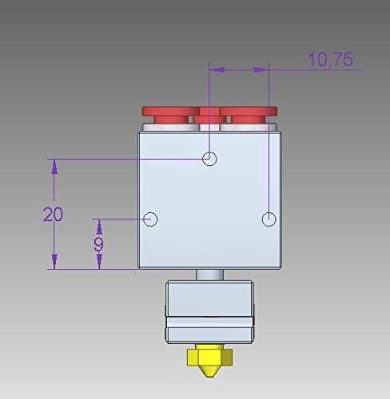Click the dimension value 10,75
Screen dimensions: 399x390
coord(330,60)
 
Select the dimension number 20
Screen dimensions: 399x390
coord(54,214)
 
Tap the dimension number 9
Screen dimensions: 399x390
coord(98,243)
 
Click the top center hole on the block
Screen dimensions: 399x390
coord(209,158)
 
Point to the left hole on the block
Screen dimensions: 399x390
coord(150,218)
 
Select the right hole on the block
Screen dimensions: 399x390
coord(269,218)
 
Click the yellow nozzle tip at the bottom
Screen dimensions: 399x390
coord(209,372)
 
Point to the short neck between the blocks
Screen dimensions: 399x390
coord(209,274)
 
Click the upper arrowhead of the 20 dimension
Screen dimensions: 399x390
coord(54,166)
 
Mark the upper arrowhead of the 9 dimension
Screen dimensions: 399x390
coord(98,225)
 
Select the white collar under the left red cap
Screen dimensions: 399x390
coord(168,127)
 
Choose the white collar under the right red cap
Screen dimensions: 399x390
coord(249,127)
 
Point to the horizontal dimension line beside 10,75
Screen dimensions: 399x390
coord(240,70)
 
